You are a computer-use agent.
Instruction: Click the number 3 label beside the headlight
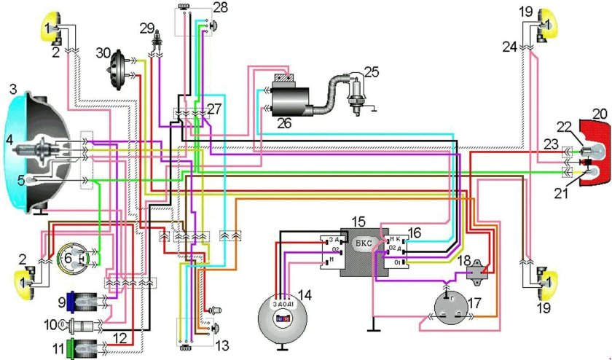(x=12, y=90)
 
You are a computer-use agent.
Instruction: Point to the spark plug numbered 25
(x=355, y=93)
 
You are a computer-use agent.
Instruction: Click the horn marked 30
(x=115, y=71)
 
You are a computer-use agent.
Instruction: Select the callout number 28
(x=219, y=7)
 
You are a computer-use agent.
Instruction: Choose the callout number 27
(x=213, y=108)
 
